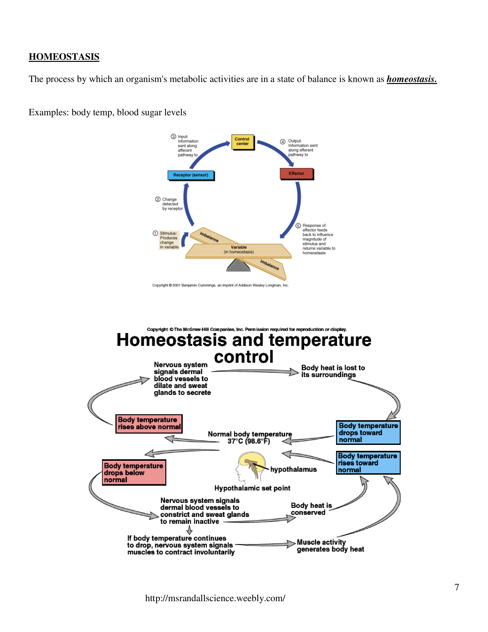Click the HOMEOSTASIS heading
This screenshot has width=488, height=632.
[64, 57]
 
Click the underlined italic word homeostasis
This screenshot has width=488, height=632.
[411, 79]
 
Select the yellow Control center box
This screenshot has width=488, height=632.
[242, 142]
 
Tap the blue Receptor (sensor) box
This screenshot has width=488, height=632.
[191, 175]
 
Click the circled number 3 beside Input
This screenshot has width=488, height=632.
[173, 136]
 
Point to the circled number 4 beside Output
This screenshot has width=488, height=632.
[282, 142]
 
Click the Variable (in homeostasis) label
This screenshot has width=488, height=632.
[239, 249]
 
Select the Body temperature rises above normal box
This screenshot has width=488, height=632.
[149, 423]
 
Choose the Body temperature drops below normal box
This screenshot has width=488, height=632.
[134, 472]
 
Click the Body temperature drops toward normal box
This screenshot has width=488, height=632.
[368, 432]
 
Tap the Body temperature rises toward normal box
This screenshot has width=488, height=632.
[368, 463]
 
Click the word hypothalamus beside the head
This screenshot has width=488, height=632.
[293, 469]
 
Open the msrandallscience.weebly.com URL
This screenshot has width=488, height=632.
[215, 598]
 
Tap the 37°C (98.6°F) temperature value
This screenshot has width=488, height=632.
[249, 441]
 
